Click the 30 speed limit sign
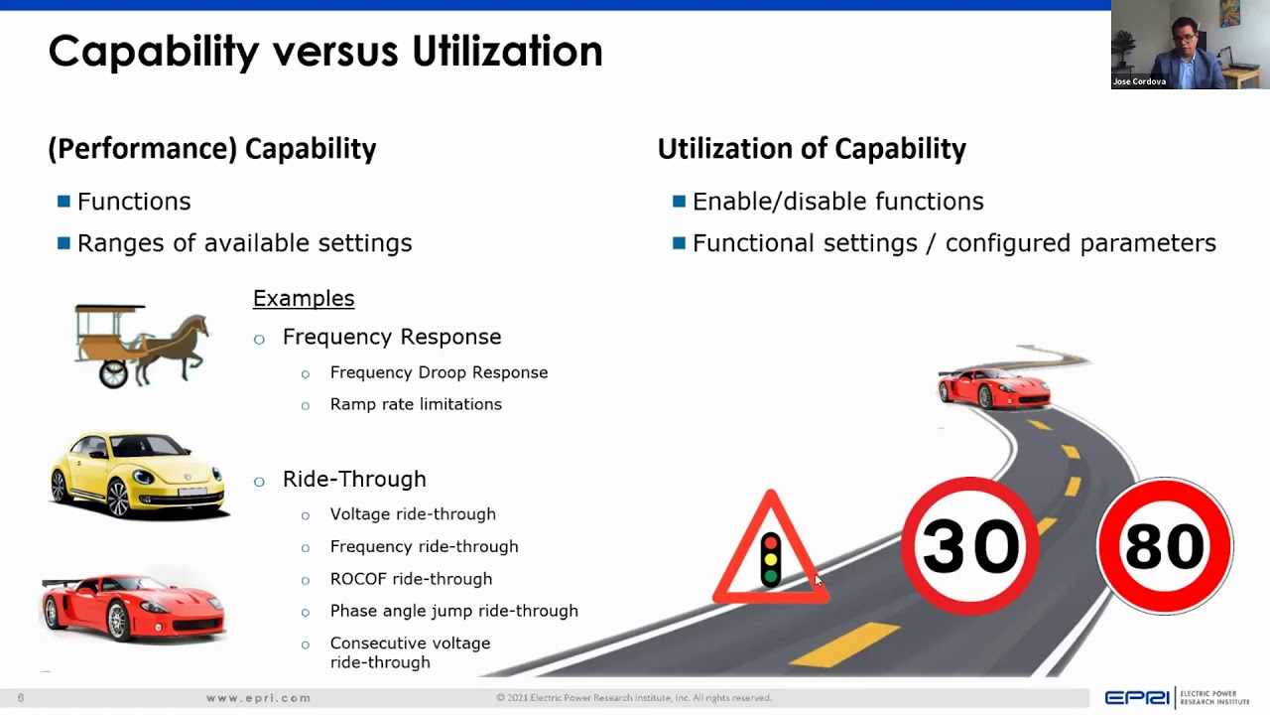(x=969, y=545)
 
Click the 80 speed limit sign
(x=1164, y=545)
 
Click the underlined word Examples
(x=304, y=298)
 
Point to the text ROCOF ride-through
(x=411, y=579)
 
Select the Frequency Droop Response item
(x=439, y=372)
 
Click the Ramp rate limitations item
(x=416, y=404)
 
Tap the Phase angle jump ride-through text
(x=453, y=611)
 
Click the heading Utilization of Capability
(x=812, y=149)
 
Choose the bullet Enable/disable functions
(x=837, y=202)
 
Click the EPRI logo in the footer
(x=1137, y=698)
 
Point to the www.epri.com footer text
(x=259, y=698)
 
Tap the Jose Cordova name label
(x=1139, y=81)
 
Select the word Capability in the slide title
(x=154, y=52)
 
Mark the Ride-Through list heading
(x=354, y=479)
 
